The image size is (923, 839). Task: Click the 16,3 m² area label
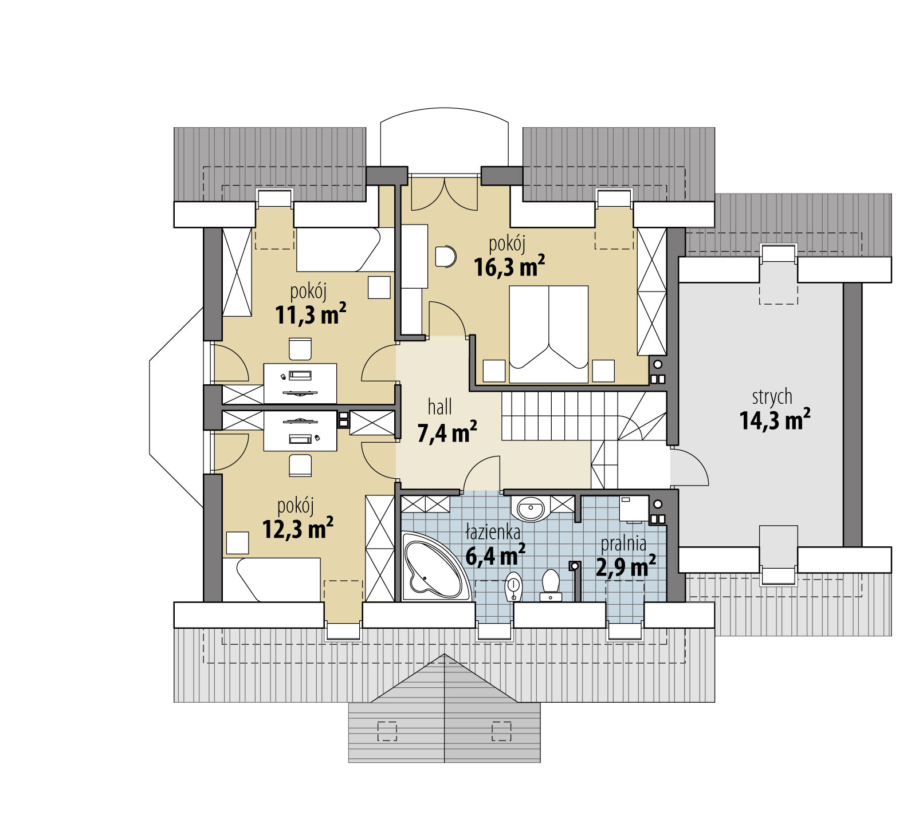[509, 266]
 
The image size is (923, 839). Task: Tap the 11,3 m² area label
[311, 314]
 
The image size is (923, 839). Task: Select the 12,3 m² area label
[298, 529]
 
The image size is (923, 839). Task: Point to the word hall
[440, 407]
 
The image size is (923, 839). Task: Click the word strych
[772, 396]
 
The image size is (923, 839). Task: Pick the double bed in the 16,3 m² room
[549, 334]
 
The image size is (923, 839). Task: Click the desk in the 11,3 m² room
[300, 383]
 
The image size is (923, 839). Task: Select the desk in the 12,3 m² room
[300, 431]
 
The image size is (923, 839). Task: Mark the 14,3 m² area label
[775, 420]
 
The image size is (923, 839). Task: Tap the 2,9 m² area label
[626, 566]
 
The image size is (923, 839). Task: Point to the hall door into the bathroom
[481, 474]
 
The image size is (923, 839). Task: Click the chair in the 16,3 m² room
[445, 257]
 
